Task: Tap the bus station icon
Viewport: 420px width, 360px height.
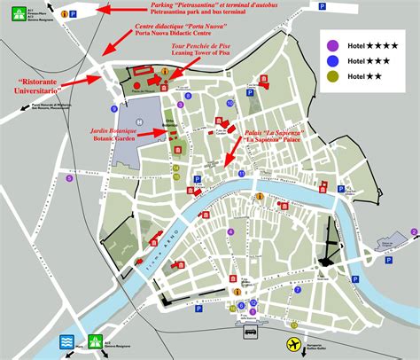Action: point(251,333)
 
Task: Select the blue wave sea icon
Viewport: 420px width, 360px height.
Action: point(66,342)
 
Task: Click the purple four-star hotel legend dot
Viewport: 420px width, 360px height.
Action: point(331,45)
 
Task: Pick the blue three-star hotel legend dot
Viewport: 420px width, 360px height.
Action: point(331,61)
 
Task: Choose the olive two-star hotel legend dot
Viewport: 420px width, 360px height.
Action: point(331,77)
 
